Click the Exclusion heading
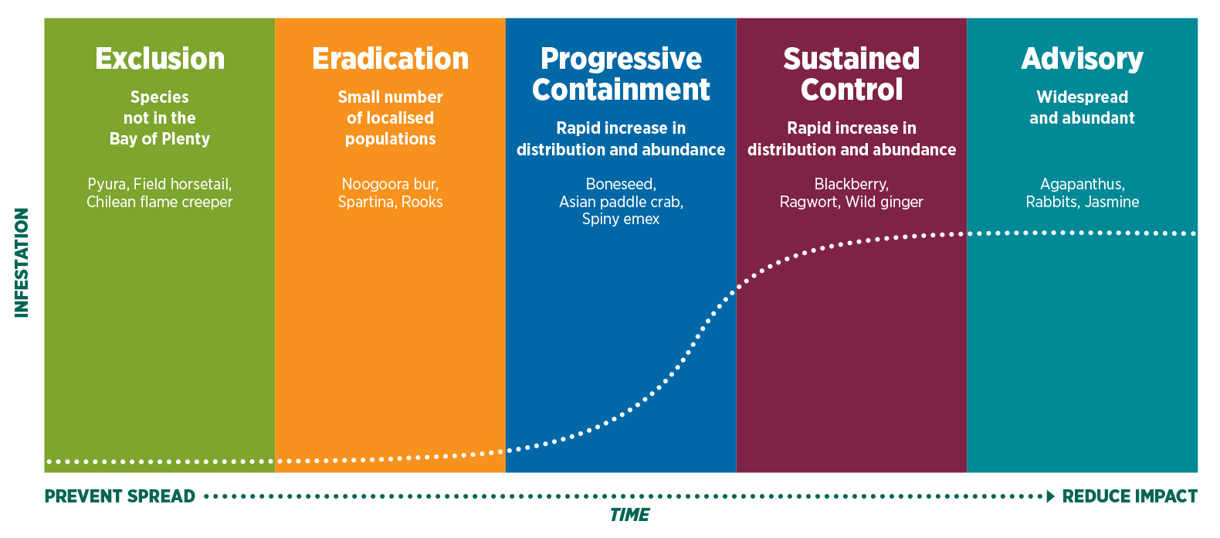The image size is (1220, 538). tap(160, 59)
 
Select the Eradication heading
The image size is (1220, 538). tap(390, 59)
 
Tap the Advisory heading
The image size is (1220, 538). tap(1082, 59)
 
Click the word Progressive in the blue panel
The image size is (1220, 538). tap(621, 59)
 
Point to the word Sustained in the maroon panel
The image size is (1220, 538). tap(851, 59)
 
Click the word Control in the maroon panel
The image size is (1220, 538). tap(851, 90)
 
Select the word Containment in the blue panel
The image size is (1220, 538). tap(621, 90)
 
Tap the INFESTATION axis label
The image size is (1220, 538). tap(22, 263)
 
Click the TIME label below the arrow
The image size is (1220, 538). tap(629, 515)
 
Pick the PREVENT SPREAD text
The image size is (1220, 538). tap(120, 496)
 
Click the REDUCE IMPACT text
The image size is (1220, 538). tap(1130, 496)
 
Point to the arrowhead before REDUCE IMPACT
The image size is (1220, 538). tap(1050, 496)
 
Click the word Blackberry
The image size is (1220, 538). tap(850, 184)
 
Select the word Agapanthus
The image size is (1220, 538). tap(1081, 184)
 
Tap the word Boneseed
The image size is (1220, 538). tap(620, 184)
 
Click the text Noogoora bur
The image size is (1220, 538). tap(390, 184)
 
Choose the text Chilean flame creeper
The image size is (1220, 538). tap(159, 202)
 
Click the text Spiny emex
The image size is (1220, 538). tap(621, 219)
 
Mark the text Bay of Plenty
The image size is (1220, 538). tap(159, 139)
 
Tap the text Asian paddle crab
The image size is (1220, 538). tap(620, 202)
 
